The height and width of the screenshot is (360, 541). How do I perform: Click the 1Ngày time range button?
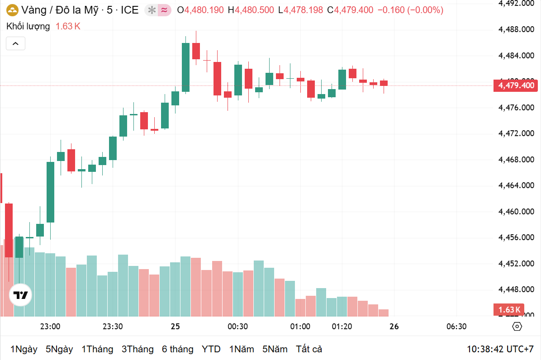pos(24,349)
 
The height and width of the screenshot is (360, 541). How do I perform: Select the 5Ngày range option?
pos(59,349)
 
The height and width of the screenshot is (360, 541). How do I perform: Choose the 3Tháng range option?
pos(138,349)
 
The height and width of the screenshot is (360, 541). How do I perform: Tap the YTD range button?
pos(211,349)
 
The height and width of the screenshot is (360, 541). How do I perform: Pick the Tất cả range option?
pos(309,349)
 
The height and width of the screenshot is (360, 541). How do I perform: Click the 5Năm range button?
pos(275,349)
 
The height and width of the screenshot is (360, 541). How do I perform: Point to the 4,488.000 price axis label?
pos(516,29)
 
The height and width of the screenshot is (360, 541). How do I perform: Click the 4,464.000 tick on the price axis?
pos(516,185)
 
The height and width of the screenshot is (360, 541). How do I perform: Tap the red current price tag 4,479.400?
pos(516,85)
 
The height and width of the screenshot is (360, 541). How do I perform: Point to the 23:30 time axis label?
pos(113,327)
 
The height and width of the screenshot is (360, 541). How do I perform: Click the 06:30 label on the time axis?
pos(456,327)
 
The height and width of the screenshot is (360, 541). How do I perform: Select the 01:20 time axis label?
pos(342,327)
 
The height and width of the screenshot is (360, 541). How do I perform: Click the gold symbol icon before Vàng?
pos(12,10)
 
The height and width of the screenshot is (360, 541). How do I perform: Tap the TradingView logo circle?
pos(21,295)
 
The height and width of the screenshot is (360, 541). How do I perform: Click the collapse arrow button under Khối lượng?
pos(15,43)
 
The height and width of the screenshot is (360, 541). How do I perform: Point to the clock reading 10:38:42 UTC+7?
pos(500,349)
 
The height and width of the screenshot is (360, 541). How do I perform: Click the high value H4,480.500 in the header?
pos(251,10)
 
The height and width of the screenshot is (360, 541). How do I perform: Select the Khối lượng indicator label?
pos(28,26)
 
